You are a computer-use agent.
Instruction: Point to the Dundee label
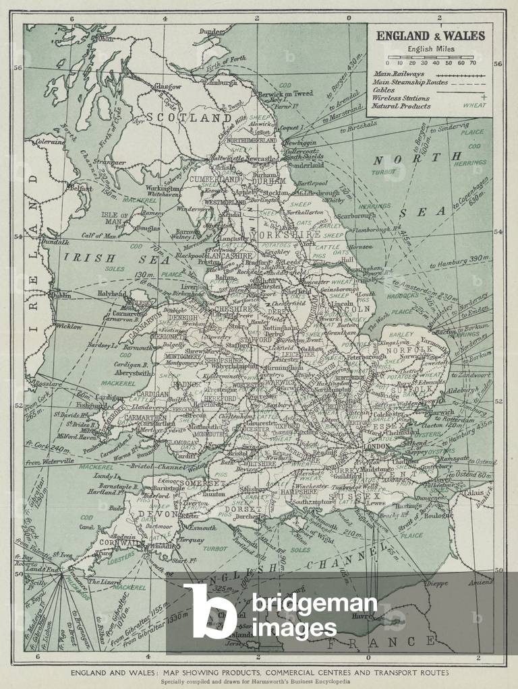212,31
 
